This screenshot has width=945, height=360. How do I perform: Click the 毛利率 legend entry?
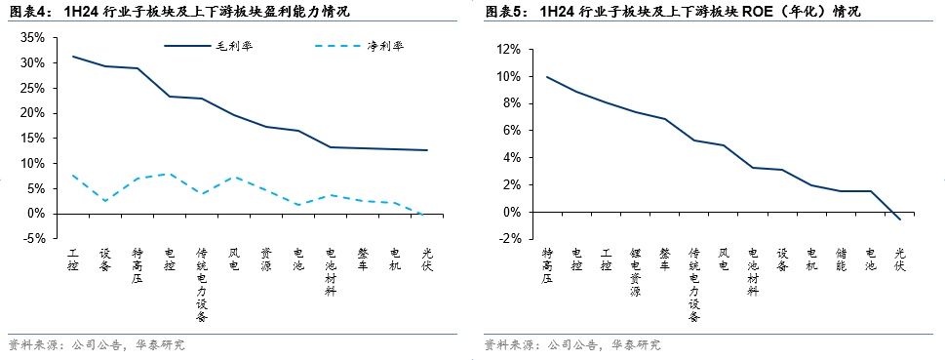[x=229, y=47]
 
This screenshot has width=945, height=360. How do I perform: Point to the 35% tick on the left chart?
[x=33, y=37]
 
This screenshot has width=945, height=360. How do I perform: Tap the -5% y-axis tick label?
[x=33, y=238]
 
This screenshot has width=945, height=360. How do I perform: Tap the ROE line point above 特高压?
[x=547, y=77]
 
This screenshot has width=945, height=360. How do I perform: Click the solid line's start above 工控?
[x=73, y=57]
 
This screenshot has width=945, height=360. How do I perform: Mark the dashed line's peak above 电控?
[x=170, y=174]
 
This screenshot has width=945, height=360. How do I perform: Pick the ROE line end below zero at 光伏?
[x=899, y=220]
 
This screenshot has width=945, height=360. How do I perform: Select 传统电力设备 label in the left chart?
[x=201, y=283]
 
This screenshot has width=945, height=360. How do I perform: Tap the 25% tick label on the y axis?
[x=33, y=88]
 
